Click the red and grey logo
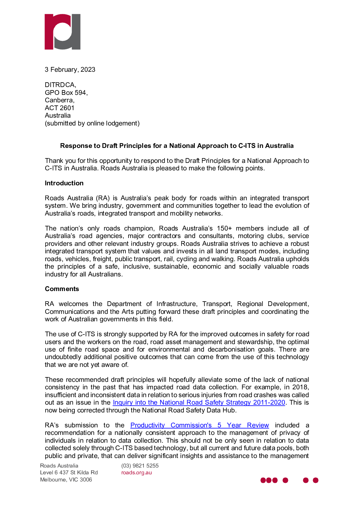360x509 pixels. point(63,32)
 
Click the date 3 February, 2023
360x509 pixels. point(70,70)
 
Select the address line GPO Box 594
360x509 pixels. point(66,93)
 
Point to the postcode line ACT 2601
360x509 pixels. point(59,108)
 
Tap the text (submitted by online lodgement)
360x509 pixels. point(92,123)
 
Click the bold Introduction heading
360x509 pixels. point(64,183)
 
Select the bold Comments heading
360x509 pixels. point(62,289)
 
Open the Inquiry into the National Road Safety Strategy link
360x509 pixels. point(199,403)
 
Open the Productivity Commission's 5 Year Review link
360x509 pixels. point(200,425)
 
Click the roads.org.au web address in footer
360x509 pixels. point(136,473)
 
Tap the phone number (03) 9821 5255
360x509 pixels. point(140,466)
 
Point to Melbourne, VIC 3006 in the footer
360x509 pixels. point(66,480)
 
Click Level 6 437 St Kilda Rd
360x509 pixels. point(69,473)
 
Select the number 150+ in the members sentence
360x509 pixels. point(224,228)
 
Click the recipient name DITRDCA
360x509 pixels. point(60,85)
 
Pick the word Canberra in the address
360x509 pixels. point(59,100)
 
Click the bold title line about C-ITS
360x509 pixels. point(177,146)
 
